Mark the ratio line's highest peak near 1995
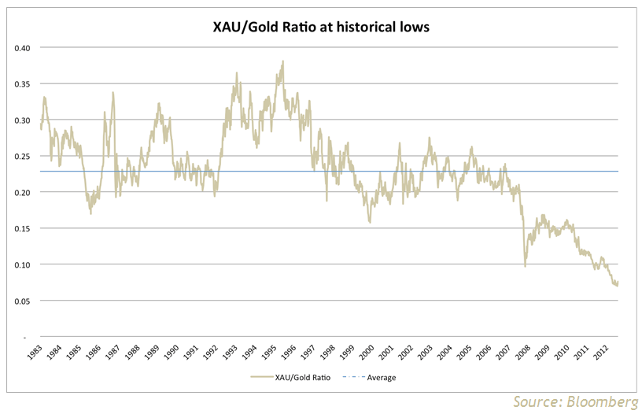click(x=282, y=64)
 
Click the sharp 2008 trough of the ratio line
click(x=526, y=266)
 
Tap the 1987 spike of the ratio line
click(x=113, y=93)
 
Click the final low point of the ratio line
click(x=617, y=285)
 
